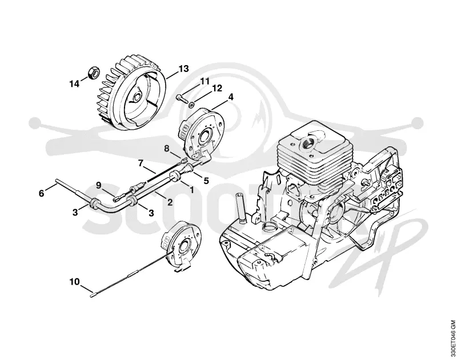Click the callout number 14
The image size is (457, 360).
[x=74, y=84]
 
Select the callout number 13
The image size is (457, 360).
[x=183, y=69]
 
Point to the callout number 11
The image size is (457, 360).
[x=205, y=81]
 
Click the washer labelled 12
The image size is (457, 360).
[x=191, y=104]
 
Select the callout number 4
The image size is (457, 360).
[x=231, y=97]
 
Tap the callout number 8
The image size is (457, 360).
[x=166, y=149]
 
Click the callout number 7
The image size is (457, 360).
[x=141, y=163]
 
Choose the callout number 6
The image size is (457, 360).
[x=41, y=193]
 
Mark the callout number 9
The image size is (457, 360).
[x=98, y=185]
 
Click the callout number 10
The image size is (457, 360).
[x=74, y=282]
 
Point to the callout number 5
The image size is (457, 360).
[x=206, y=181]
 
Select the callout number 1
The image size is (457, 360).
[x=191, y=190]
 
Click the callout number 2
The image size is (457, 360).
[x=170, y=202]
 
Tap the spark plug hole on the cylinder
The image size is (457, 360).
[x=306, y=143]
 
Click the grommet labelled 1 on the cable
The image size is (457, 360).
[x=175, y=177]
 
